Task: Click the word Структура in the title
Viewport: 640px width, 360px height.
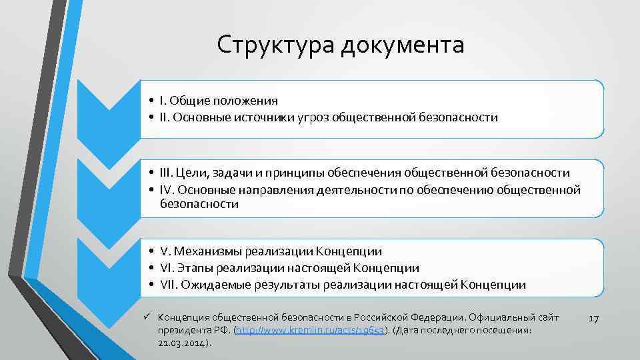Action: point(274,46)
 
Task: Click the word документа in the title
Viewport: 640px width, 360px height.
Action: point(402,46)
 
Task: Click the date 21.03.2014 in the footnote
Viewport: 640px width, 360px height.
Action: point(183,343)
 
